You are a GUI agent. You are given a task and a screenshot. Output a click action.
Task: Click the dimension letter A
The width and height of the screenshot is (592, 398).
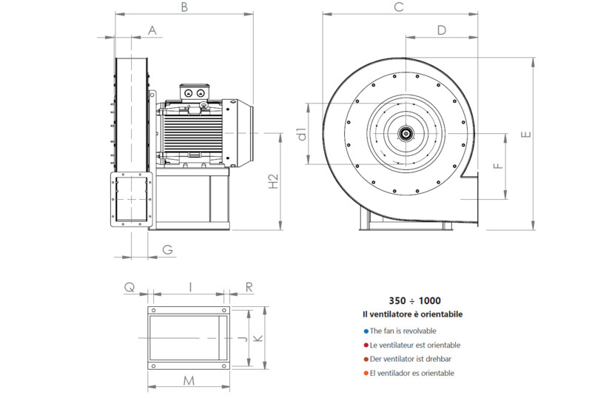point(152,30)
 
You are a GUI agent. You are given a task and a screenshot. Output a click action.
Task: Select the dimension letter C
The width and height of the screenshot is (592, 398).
point(398,7)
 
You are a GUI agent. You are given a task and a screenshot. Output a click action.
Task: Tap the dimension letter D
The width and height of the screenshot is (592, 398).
point(441,30)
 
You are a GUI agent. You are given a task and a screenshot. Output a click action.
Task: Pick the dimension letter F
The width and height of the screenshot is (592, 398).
point(498,165)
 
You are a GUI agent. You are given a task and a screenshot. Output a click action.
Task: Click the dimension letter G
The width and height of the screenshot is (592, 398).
point(168,250)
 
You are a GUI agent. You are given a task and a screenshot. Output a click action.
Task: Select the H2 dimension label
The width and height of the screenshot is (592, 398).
point(272,182)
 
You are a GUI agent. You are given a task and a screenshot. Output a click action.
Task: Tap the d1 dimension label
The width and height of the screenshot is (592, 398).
point(301,134)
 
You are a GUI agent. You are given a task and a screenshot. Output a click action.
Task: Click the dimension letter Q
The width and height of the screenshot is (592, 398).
point(130,286)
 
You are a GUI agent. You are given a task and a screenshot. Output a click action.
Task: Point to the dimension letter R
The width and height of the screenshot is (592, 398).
point(249,286)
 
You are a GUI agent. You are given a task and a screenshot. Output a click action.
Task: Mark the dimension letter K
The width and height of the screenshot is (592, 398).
point(258,338)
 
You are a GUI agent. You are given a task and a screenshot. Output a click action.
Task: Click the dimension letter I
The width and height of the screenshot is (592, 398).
point(190,286)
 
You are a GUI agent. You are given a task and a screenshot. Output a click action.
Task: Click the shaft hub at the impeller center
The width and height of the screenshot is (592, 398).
point(406,134)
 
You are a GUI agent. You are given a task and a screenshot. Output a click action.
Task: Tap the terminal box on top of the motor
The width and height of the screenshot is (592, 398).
point(198,92)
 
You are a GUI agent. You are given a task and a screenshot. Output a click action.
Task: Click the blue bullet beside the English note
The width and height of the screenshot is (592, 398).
point(366,331)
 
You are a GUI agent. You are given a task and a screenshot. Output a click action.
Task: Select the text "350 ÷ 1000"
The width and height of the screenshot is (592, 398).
point(414,301)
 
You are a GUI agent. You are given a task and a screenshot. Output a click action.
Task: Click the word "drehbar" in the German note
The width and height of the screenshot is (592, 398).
point(437,359)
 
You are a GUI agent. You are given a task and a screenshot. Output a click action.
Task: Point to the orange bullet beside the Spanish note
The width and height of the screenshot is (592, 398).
point(366,373)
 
